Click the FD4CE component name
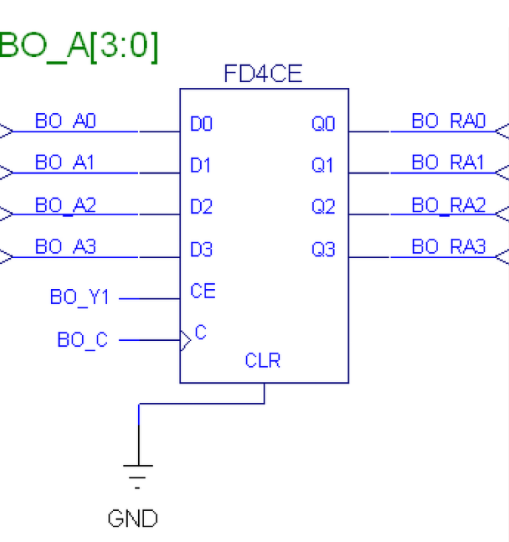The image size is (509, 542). pos(262,74)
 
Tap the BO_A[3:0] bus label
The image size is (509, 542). pos(79,47)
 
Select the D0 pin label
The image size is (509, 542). pos(201,124)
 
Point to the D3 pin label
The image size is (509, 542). pos(201,250)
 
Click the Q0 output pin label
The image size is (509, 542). pos(323,124)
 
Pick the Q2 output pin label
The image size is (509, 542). pos(323,208)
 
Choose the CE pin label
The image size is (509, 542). pos(202,291)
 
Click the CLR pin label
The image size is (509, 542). pos(262,361)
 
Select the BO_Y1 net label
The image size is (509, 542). pos(80,297)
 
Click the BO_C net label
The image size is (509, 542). pos(83,340)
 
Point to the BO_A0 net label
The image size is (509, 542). pos(65,121)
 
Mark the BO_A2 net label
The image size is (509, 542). pos(65,206)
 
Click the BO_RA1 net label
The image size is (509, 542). pos(448,163)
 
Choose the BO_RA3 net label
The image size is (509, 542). pos(448,247)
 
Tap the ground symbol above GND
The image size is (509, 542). pos(137,473)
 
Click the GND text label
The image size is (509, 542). pos(133,519)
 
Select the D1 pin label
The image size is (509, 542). pos(201,166)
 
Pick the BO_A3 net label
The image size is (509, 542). pos(65,247)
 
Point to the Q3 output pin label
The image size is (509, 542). pos(323,250)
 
